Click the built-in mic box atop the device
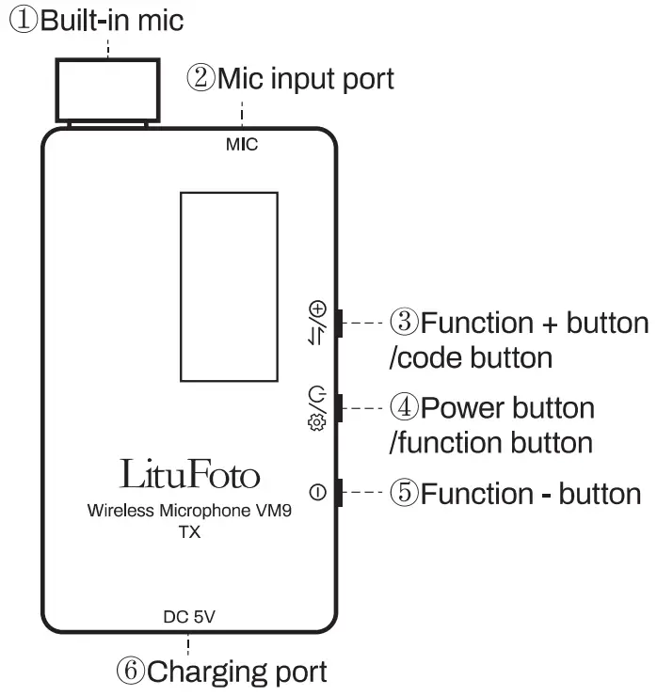click(x=107, y=87)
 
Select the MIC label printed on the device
click(x=242, y=145)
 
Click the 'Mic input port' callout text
click(x=305, y=78)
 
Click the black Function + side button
click(x=341, y=324)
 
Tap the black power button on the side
click(x=341, y=408)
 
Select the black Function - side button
click(x=341, y=492)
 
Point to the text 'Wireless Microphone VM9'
click(x=189, y=512)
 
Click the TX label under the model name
click(x=189, y=532)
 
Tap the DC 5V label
click(x=189, y=618)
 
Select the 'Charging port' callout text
click(x=237, y=672)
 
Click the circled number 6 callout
click(x=131, y=672)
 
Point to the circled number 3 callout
click(x=404, y=324)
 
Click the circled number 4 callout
click(x=404, y=408)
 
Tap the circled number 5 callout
click(x=404, y=493)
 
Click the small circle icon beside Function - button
click(x=316, y=492)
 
